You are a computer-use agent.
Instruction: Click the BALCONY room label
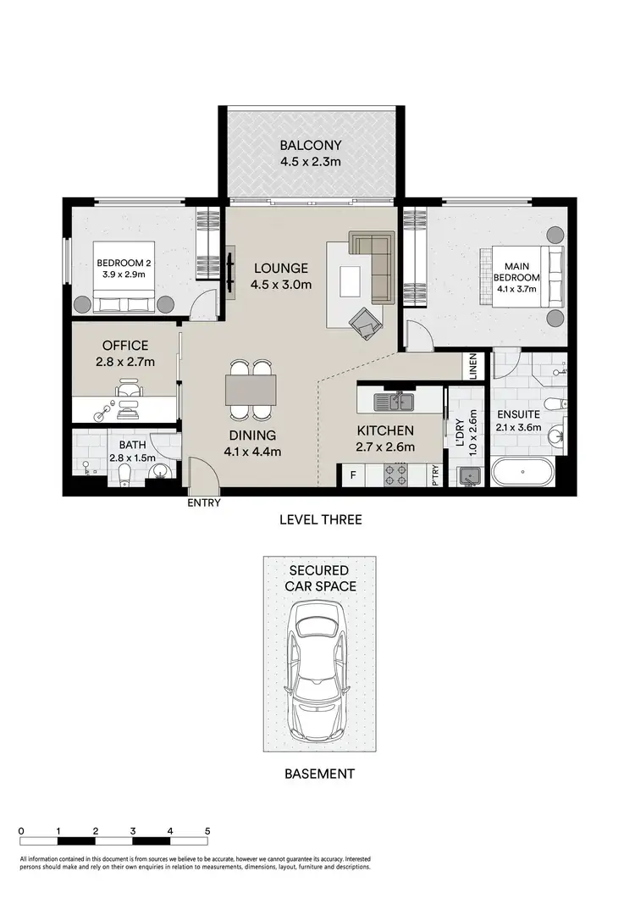tap(311, 145)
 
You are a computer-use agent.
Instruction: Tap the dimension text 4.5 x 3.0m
tap(281, 285)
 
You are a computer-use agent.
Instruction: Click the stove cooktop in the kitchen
tap(396, 474)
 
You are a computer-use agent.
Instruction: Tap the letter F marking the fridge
tap(353, 475)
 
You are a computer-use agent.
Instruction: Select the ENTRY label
tap(204, 502)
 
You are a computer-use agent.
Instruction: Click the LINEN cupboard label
tap(472, 368)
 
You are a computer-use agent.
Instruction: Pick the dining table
tap(251, 391)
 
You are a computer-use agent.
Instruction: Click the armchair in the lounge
tap(365, 321)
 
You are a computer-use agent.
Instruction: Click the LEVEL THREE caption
tap(320, 519)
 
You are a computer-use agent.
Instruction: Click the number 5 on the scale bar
tap(207, 831)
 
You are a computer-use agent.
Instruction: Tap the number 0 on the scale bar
tap(20, 831)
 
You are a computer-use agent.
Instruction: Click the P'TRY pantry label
tap(433, 475)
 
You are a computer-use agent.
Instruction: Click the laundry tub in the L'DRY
tap(467, 477)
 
